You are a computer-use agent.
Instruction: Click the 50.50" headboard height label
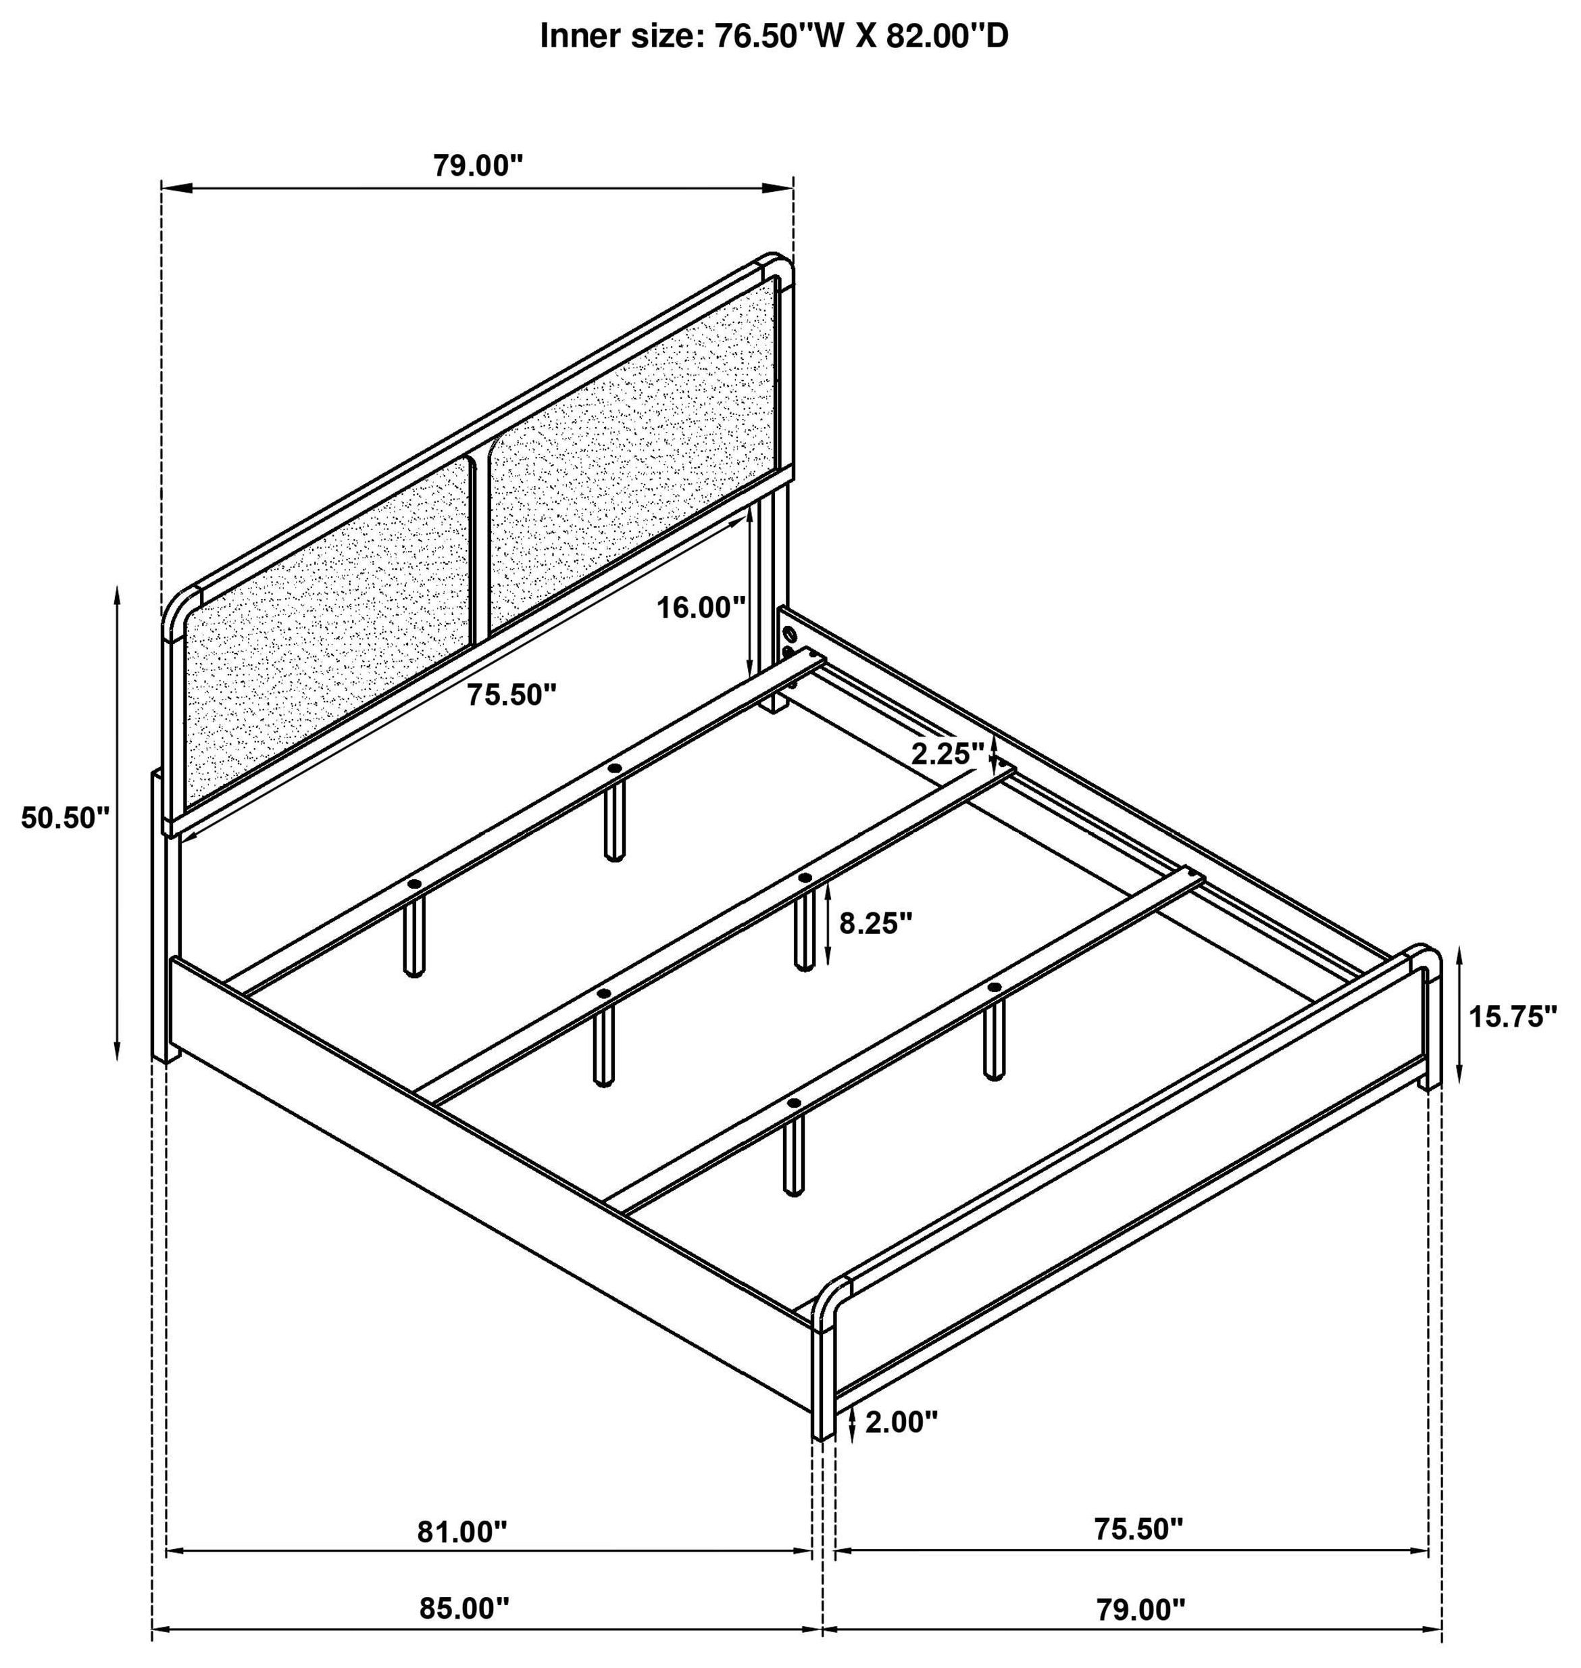[66, 818]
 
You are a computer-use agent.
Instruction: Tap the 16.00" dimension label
[702, 607]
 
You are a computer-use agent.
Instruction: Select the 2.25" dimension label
[947, 754]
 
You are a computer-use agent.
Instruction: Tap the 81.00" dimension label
[463, 1531]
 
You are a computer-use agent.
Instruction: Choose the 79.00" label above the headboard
[478, 165]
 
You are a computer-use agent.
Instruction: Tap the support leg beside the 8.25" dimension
[805, 930]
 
